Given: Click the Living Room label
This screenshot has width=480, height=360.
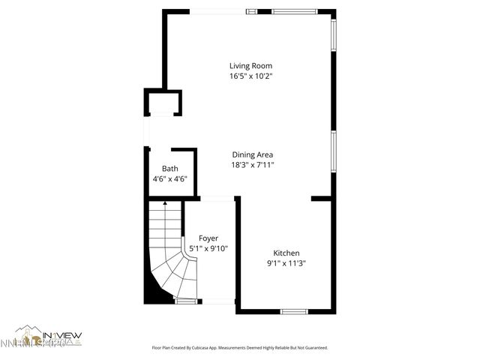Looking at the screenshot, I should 250,65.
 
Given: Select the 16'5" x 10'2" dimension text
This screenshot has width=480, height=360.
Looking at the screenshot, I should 250,76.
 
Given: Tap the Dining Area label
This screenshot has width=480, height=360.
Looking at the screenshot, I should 252,154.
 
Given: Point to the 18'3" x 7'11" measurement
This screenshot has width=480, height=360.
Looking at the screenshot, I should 252,165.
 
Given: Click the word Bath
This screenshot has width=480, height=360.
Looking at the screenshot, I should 170,169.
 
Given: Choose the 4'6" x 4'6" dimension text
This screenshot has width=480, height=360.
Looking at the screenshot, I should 169,178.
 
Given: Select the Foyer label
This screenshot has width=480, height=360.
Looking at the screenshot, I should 208,238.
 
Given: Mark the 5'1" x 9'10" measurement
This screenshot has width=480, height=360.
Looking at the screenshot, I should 208,248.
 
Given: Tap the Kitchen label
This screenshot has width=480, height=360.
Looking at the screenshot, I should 286,253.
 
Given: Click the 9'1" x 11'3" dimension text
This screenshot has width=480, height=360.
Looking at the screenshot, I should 286,263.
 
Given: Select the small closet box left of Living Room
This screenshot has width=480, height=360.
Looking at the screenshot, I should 163,103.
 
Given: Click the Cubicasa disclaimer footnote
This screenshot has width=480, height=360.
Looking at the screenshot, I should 240,348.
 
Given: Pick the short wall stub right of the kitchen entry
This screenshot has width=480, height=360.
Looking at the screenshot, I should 322,199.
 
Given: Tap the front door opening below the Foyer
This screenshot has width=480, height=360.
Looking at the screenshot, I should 218,301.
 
